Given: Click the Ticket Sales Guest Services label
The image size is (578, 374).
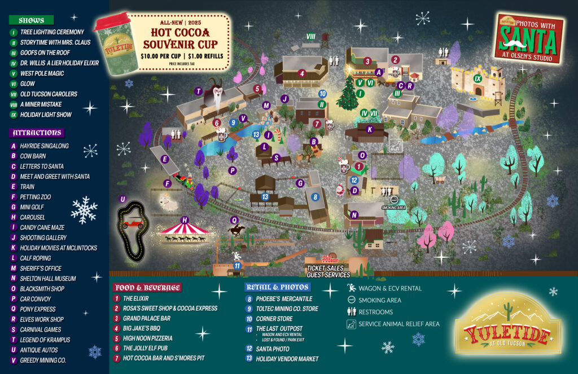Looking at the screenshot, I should tap(328, 271).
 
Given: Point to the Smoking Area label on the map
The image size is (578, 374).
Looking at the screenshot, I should tap(393, 208).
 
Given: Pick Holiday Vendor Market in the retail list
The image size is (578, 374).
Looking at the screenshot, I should tap(287, 359).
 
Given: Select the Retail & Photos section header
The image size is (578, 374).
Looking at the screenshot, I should tap(273, 287).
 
